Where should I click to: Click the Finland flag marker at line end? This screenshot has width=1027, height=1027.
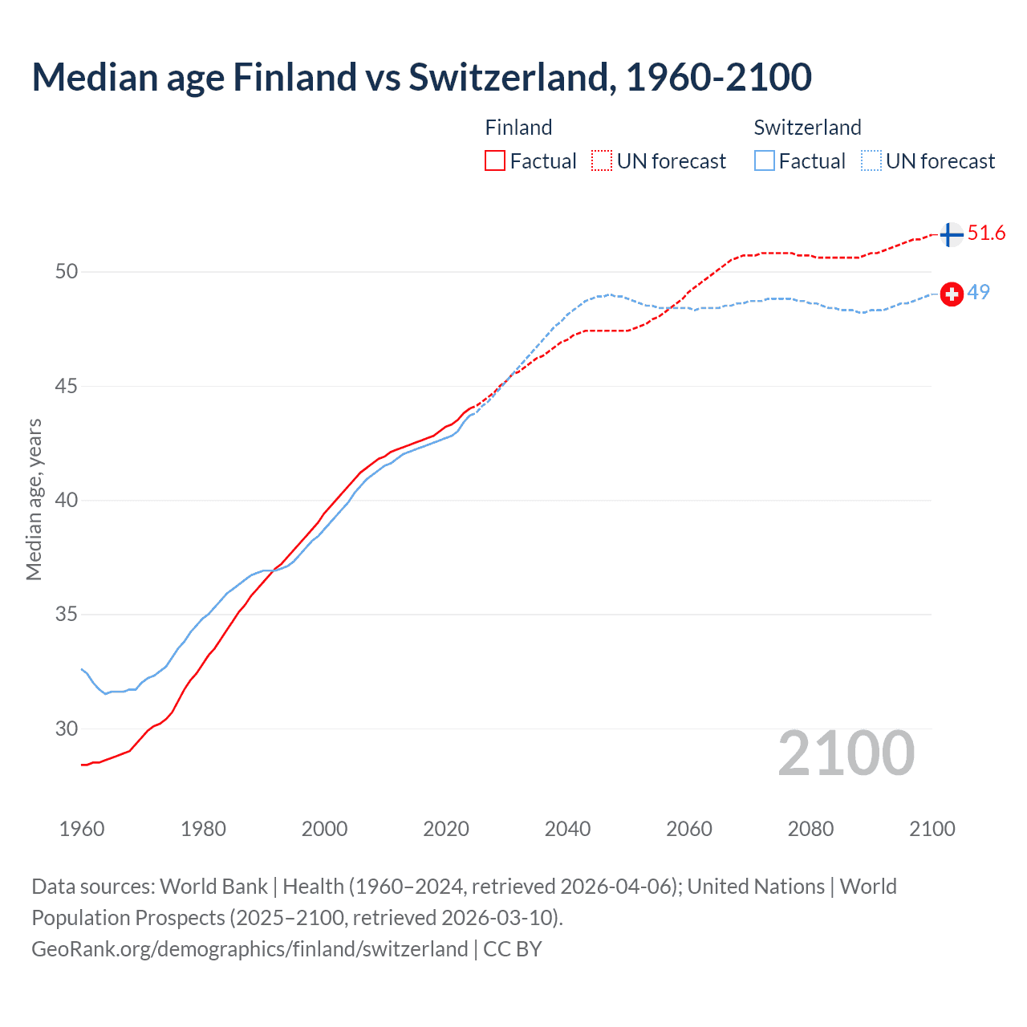(951, 234)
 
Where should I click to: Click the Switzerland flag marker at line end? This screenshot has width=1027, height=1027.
(952, 294)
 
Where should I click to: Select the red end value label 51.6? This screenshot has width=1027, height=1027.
(986, 233)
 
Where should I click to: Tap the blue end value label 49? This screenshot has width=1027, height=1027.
(978, 292)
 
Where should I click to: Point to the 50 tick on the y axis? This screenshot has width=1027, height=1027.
(67, 271)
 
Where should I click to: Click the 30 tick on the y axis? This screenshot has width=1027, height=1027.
(67, 729)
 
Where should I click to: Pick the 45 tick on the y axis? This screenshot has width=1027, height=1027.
(67, 386)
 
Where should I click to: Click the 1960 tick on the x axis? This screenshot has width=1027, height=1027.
(82, 829)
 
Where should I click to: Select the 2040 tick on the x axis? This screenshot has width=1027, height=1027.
(567, 829)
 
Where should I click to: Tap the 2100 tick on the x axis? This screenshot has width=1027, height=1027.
(932, 829)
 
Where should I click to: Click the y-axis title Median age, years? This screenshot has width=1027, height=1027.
(34, 499)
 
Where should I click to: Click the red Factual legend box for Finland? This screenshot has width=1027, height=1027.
(495, 160)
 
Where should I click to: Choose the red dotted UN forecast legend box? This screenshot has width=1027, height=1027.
(602, 160)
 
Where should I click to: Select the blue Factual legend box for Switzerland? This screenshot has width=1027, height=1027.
(765, 160)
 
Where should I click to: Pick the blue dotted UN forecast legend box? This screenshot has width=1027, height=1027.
(871, 160)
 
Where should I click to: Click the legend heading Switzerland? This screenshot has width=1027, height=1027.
(807, 128)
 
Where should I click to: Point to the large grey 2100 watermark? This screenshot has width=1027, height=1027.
(846, 753)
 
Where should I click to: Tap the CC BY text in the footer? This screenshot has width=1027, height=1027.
(513, 948)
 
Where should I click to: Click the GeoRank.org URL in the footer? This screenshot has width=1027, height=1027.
(250, 948)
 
